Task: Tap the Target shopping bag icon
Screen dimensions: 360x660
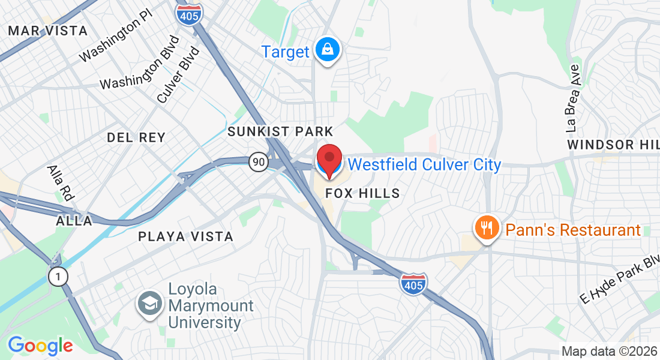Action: pyautogui.click(x=328, y=50)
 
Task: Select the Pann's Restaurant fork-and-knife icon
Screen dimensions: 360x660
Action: pyautogui.click(x=487, y=229)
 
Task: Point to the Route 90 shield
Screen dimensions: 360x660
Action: pyautogui.click(x=259, y=161)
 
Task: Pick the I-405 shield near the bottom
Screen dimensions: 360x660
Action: pyautogui.click(x=413, y=283)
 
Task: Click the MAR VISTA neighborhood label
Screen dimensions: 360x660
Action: pyautogui.click(x=48, y=31)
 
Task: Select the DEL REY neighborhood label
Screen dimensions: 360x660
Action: pyautogui.click(x=136, y=137)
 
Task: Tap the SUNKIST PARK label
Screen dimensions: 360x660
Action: pyautogui.click(x=280, y=131)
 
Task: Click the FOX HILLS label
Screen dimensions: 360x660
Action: pyautogui.click(x=362, y=193)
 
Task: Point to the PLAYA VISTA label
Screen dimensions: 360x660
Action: pyautogui.click(x=185, y=236)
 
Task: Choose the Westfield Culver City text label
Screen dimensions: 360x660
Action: pyautogui.click(x=424, y=164)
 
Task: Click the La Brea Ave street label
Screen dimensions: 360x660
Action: pyautogui.click(x=573, y=97)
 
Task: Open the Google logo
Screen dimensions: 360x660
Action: pyautogui.click(x=40, y=346)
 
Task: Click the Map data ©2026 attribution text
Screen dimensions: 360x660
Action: pyautogui.click(x=608, y=352)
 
